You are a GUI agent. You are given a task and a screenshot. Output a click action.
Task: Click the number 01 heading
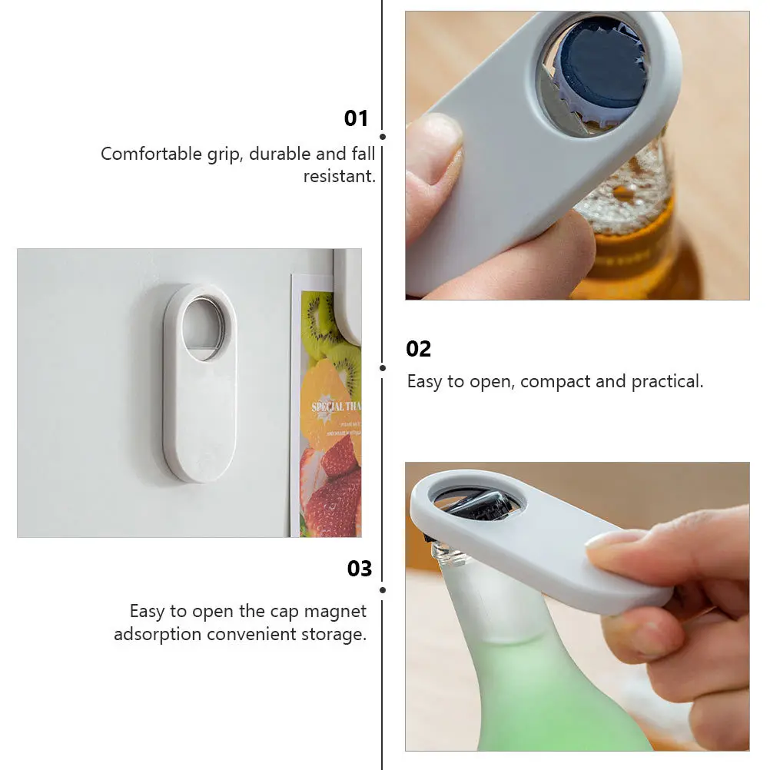tap(357, 118)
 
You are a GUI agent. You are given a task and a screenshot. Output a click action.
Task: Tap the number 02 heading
tap(419, 349)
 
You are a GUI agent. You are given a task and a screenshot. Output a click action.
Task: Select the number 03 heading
tap(360, 569)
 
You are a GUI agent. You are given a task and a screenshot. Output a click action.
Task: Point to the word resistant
tap(339, 176)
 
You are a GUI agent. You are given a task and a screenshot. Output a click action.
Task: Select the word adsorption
tap(158, 635)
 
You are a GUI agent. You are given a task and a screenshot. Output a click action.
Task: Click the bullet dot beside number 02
tap(383, 368)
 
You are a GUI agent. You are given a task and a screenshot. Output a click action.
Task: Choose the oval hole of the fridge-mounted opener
tap(204, 327)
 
